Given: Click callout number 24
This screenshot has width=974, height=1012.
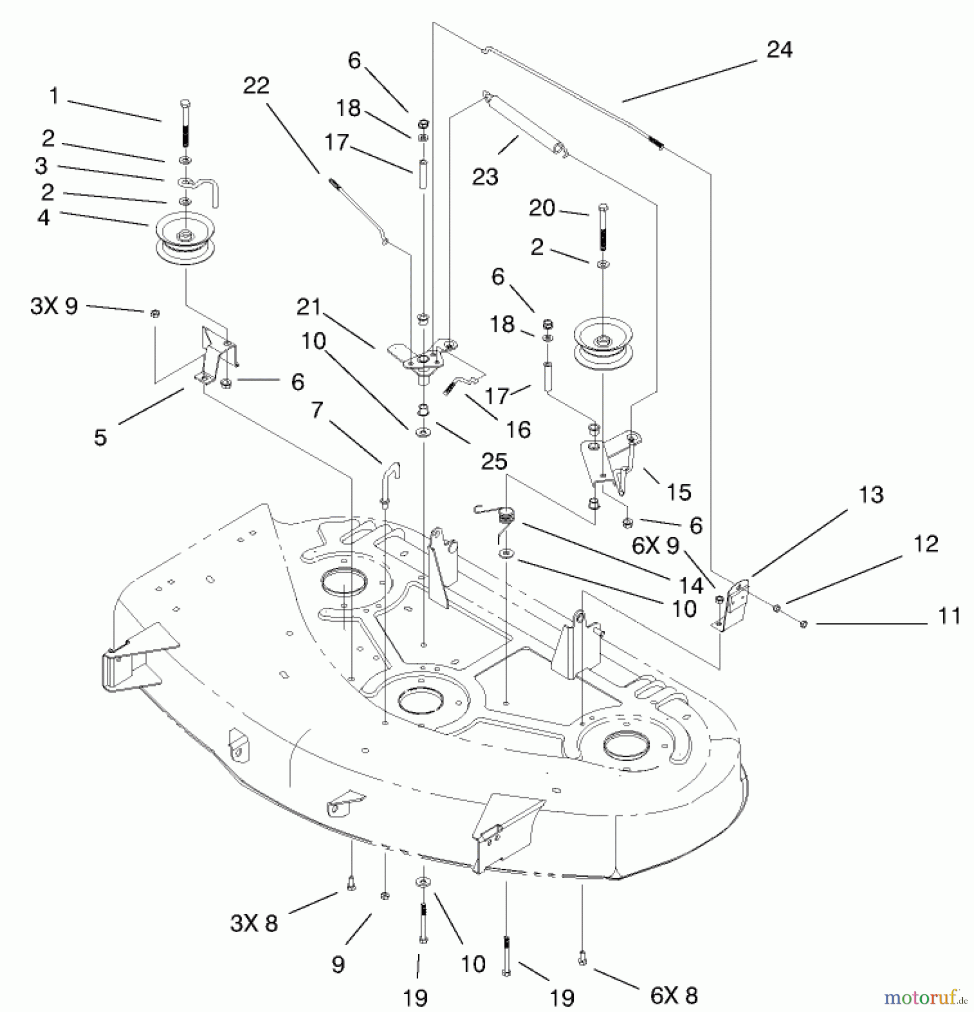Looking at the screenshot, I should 779,50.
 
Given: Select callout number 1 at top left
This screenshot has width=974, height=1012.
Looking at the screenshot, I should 54,96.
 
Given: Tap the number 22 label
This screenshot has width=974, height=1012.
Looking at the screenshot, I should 256,85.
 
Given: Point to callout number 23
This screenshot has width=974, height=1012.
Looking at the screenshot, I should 485,177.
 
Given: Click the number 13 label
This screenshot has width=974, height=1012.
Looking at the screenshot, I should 871,495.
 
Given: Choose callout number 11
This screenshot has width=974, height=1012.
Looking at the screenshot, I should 949,616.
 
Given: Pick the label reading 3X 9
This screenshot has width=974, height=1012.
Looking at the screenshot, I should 54,306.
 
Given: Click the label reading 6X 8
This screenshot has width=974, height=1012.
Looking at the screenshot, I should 674,996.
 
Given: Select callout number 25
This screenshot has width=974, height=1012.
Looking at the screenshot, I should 494,462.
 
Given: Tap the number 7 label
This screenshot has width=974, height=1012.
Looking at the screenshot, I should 317,410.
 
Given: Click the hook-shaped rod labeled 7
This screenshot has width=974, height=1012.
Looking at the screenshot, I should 389,478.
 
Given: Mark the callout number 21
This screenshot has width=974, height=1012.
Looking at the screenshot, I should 309,307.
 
